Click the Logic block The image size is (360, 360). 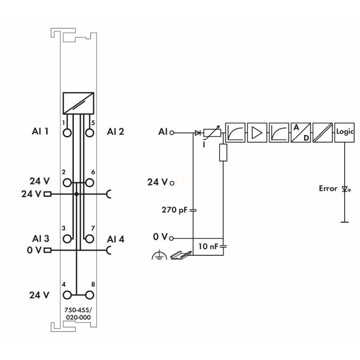(345, 132)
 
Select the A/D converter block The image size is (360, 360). (301, 132)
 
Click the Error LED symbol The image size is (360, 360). (345, 189)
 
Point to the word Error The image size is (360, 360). (328, 189)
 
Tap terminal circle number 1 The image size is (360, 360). (67, 133)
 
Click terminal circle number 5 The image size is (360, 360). (89, 133)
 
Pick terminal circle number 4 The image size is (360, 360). (67, 295)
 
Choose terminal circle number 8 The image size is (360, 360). (89, 295)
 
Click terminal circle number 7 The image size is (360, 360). (89, 238)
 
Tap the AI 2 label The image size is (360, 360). (116, 131)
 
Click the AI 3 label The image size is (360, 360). (40, 238)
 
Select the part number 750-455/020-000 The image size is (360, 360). (78, 314)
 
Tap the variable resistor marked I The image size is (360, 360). (211, 133)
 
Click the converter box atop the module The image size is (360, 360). (78, 103)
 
